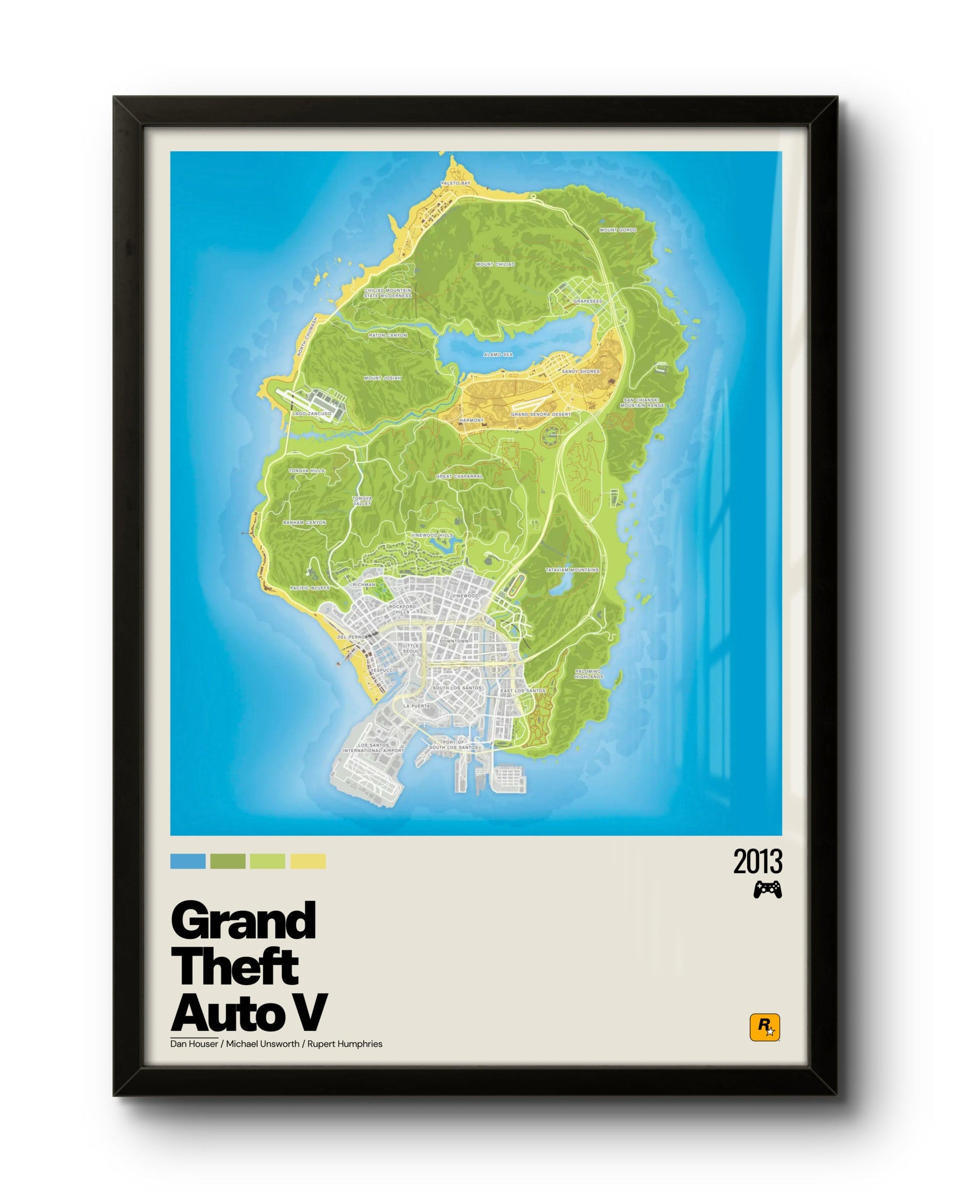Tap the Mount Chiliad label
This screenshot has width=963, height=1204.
[495, 264]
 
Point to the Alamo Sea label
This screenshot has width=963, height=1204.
[498, 354]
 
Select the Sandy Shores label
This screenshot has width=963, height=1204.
[580, 371]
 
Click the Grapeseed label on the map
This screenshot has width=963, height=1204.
[588, 301]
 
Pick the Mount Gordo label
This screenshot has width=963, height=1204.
[618, 230]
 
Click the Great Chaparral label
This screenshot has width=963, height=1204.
[459, 476]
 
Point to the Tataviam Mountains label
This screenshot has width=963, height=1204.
[572, 570]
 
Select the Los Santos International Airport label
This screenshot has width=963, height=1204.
[374, 748]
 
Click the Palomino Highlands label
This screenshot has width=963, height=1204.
[588, 674]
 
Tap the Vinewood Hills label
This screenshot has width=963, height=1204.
[432, 535]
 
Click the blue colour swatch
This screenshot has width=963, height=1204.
[188, 861]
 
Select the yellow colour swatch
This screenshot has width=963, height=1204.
[308, 861]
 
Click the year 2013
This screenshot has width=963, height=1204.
[757, 862]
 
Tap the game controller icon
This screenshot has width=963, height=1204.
[768, 890]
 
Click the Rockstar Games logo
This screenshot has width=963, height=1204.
[764, 1028]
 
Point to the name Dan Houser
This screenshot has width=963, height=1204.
[194, 1044]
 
